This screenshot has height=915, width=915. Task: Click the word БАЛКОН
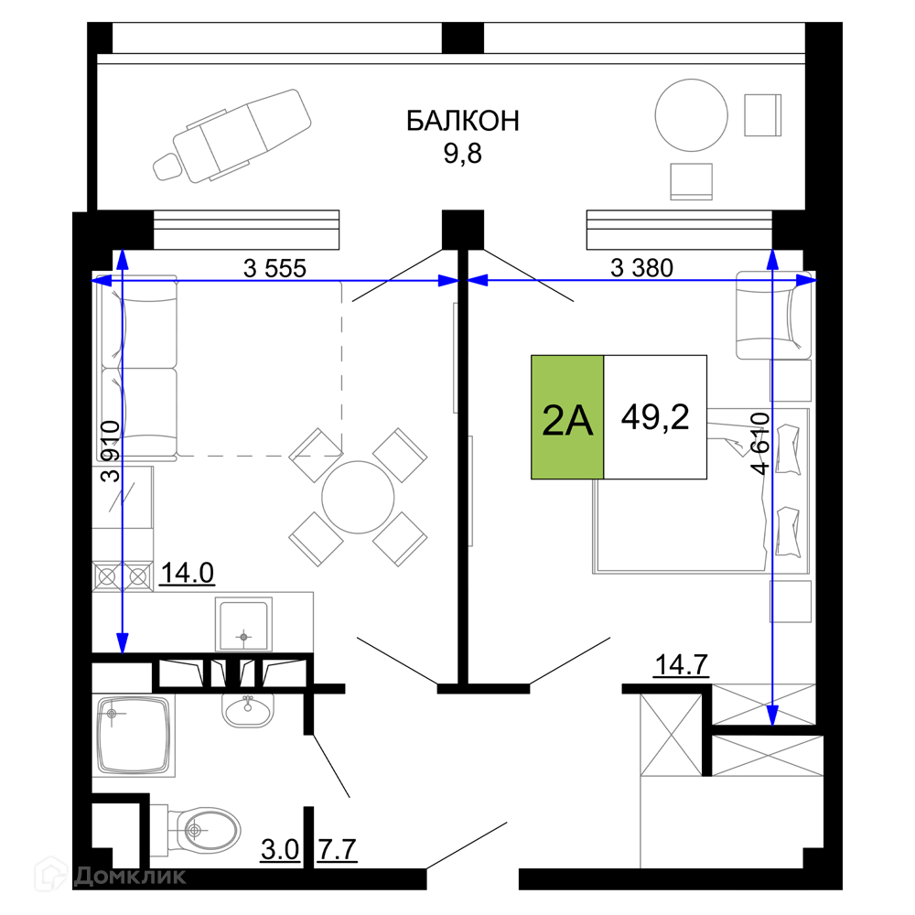point(462,121)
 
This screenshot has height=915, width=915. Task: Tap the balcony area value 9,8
point(462,154)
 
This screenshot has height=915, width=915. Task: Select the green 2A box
point(567,417)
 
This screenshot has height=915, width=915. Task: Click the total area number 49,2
point(655,416)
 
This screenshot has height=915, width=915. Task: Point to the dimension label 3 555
point(274,268)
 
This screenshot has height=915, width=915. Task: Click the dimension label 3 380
point(641,268)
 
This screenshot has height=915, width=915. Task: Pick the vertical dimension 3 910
point(111,451)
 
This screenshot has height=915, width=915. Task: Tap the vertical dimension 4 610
point(760,444)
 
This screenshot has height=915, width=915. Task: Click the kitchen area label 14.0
point(187,573)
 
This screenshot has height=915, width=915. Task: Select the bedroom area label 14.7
point(682,664)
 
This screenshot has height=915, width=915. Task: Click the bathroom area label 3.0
point(280,850)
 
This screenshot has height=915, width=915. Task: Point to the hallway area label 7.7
point(338,850)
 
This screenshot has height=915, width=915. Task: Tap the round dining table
point(358,497)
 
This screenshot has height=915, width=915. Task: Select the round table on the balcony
point(692,115)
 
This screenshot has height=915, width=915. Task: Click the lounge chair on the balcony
point(232,136)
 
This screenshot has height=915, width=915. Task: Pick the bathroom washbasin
point(248,710)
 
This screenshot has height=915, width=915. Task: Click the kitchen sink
point(243,624)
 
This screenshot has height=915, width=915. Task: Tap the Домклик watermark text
point(130,876)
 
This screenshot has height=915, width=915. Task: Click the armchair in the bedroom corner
point(774,315)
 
